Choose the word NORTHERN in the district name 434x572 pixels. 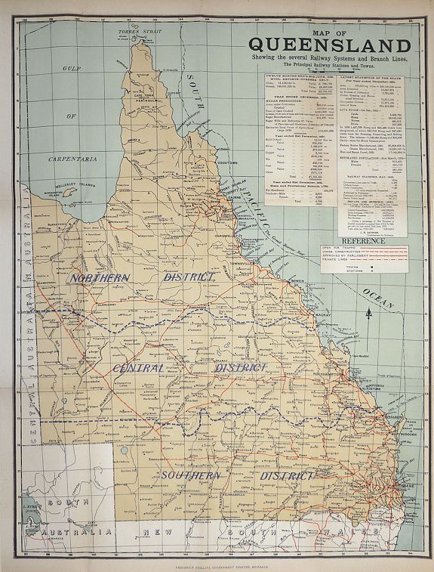point(99,277)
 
